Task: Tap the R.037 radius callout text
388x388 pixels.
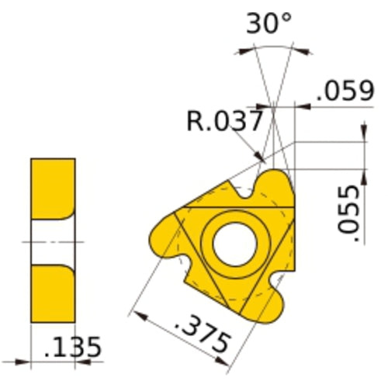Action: (224, 120)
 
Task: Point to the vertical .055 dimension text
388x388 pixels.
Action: (352, 212)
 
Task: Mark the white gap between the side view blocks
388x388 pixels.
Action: (53, 241)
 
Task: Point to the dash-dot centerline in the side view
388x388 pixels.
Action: (53, 242)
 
